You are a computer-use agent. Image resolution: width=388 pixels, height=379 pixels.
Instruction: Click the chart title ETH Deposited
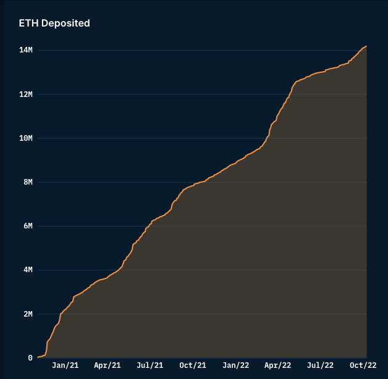[x=54, y=23]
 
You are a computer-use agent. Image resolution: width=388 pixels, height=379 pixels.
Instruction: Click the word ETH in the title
[x=28, y=23]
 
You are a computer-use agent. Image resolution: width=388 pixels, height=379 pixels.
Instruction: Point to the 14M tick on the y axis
[x=25, y=50]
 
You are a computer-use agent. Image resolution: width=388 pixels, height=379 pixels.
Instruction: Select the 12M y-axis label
[x=25, y=94]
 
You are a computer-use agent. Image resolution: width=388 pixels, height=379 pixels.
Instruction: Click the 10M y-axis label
[x=25, y=138]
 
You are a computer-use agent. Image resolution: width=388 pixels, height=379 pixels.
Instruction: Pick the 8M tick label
[x=27, y=182]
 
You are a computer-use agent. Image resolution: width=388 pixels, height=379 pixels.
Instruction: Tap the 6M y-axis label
[x=27, y=226]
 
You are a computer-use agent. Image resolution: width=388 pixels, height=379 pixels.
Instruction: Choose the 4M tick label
[x=27, y=270]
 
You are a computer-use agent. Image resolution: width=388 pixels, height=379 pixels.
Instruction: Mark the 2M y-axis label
[x=27, y=314]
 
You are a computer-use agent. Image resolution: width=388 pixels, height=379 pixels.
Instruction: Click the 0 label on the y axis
[x=30, y=358]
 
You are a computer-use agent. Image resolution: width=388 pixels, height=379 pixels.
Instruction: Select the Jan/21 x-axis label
[x=65, y=365]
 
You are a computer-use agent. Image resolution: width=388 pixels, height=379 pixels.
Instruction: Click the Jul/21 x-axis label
[x=150, y=365]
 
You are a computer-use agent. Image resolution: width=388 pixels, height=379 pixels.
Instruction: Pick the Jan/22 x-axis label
[x=235, y=365]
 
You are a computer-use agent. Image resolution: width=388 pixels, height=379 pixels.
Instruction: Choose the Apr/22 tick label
[x=277, y=365]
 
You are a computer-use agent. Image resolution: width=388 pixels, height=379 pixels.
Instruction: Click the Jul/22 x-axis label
[x=320, y=365]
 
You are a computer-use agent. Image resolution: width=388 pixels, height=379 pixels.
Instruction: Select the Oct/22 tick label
[x=363, y=365]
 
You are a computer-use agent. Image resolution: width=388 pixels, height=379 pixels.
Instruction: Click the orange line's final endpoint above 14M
[x=366, y=46]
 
